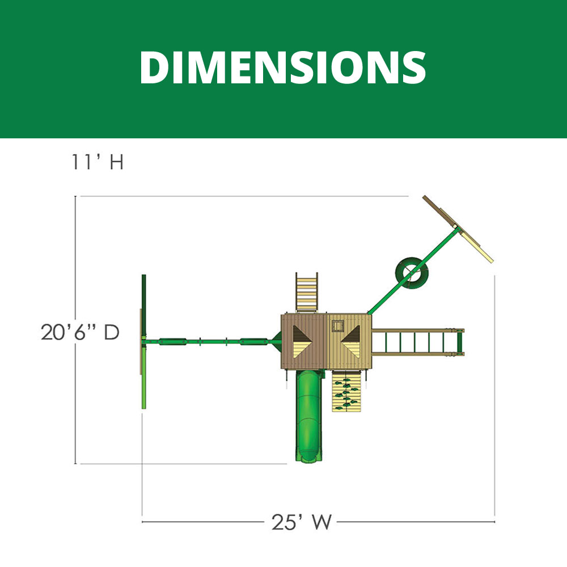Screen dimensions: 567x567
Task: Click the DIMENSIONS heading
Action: pyautogui.click(x=283, y=67)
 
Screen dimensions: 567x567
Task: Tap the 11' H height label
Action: pyautogui.click(x=98, y=162)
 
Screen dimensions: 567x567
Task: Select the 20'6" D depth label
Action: pyautogui.click(x=80, y=332)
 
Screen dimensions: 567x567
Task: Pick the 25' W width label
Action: pyautogui.click(x=302, y=522)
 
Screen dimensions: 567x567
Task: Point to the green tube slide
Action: pyautogui.click(x=309, y=416)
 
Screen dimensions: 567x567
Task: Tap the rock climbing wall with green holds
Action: pyautogui.click(x=346, y=391)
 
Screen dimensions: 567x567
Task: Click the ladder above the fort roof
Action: pyautogui.click(x=307, y=293)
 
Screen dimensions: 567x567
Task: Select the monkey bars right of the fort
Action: pyautogui.click(x=418, y=342)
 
